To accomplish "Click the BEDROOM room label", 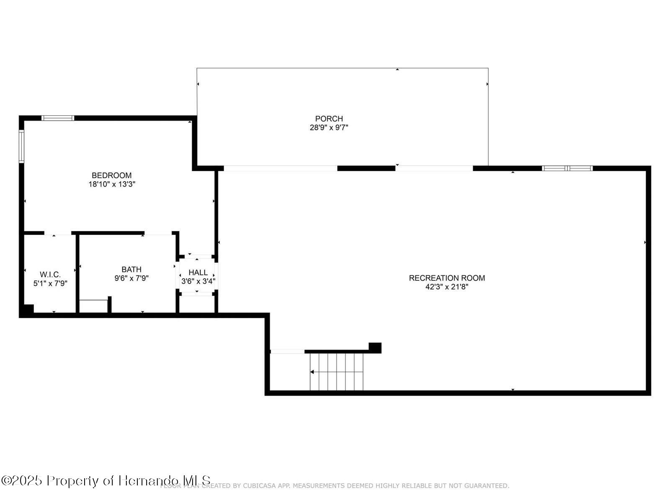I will tap(111, 175).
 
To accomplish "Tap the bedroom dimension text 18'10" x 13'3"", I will tap(111, 184).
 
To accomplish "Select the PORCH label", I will tap(329, 119).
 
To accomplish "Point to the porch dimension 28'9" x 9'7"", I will tap(329, 127).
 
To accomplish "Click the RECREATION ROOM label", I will tap(447, 278).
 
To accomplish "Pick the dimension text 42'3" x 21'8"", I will tap(447, 287).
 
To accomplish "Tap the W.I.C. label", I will tap(50, 275).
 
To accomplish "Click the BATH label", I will tap(131, 269).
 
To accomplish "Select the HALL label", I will tap(198, 272).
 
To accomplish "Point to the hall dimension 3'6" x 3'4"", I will tap(198, 281).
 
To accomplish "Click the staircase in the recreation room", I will tap(336, 372).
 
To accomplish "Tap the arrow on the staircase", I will tap(313, 372).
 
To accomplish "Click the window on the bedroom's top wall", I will tap(58, 118).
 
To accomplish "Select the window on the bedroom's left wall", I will tap(21, 146).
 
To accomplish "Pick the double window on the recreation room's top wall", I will tap(567, 169).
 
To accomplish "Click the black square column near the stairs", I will tap(375, 347).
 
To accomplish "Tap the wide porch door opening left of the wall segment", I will tap(281, 169).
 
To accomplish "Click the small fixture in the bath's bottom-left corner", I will tap(94, 306).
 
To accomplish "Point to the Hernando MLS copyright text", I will tap(106, 480).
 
